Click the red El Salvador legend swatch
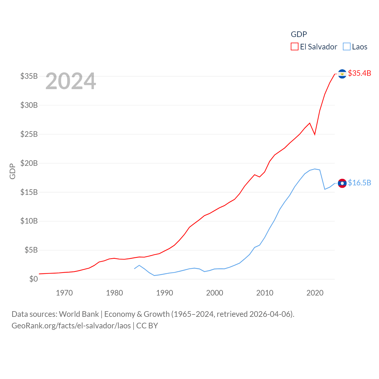[294, 47]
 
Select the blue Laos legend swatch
[346, 47]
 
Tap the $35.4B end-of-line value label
[359, 73]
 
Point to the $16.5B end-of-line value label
[359, 183]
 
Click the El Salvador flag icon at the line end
[342, 74]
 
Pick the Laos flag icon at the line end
[342, 183]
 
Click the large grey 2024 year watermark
[71, 81]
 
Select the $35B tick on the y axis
[29, 76]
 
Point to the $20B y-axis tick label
[29, 163]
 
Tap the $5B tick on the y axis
[31, 250]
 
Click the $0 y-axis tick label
[33, 279]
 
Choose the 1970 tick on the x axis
[64, 293]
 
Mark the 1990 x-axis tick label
[165, 293]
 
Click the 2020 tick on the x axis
[315, 293]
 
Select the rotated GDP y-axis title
[12, 171]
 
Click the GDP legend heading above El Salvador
[299, 34]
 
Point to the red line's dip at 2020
[315, 134]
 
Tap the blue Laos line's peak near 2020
[315, 169]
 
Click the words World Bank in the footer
[79, 314]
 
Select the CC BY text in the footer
[147, 326]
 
